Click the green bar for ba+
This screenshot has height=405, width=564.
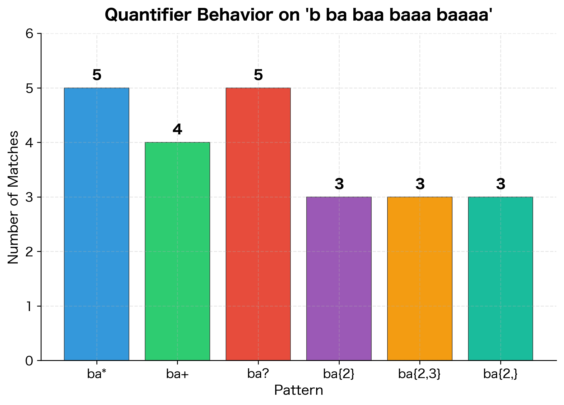tap(177, 251)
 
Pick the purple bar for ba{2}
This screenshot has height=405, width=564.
tap(339, 278)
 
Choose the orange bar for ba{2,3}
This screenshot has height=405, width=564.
tap(420, 278)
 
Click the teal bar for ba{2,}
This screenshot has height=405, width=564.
tap(501, 278)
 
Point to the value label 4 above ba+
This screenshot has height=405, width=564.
tap(177, 130)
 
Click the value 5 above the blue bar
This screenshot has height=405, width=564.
tap(97, 75)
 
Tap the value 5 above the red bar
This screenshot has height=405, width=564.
tap(258, 75)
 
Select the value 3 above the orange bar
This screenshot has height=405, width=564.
tap(420, 184)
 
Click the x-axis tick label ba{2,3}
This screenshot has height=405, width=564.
tap(419, 374)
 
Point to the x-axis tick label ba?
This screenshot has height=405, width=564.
tap(258, 374)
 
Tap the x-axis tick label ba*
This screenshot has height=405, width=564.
tap(97, 374)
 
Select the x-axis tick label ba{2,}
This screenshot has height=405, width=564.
tap(500, 374)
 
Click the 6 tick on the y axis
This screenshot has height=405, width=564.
tap(30, 34)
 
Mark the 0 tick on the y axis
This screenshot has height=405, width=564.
tap(30, 361)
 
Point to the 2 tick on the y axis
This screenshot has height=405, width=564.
tap(30, 252)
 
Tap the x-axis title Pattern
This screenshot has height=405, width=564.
tap(298, 390)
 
